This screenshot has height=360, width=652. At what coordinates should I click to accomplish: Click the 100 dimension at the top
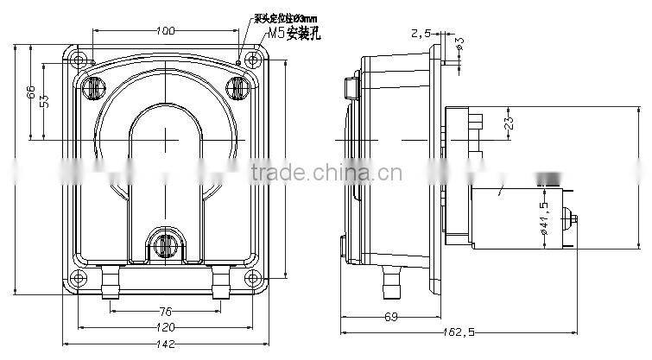click(166, 31)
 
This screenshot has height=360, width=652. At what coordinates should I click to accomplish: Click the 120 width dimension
click(166, 327)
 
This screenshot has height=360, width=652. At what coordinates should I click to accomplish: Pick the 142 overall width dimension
click(166, 343)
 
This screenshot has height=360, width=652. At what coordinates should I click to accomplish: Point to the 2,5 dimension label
click(421, 33)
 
